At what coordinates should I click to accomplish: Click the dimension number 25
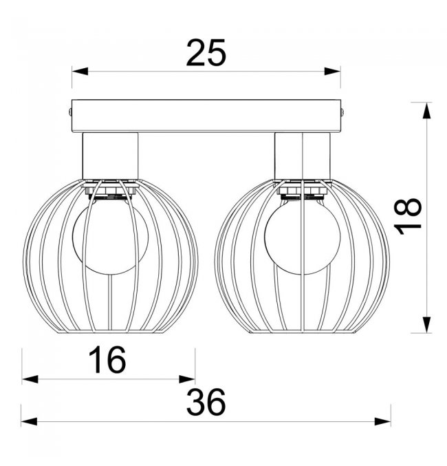pos(206,53)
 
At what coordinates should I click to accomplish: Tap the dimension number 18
pos(408,216)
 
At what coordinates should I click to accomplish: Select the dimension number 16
pos(107,360)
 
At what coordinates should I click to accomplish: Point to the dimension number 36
pos(206,402)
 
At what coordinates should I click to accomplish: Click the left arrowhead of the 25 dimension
pos(80,72)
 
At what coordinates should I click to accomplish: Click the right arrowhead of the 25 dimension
pos(332,72)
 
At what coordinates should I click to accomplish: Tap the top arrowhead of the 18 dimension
pos(427,111)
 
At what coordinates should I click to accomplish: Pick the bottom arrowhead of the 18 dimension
pos(427,325)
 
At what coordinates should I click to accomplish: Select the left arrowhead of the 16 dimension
pos(30,379)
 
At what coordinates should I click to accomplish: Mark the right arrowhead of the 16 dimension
pos(187,379)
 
